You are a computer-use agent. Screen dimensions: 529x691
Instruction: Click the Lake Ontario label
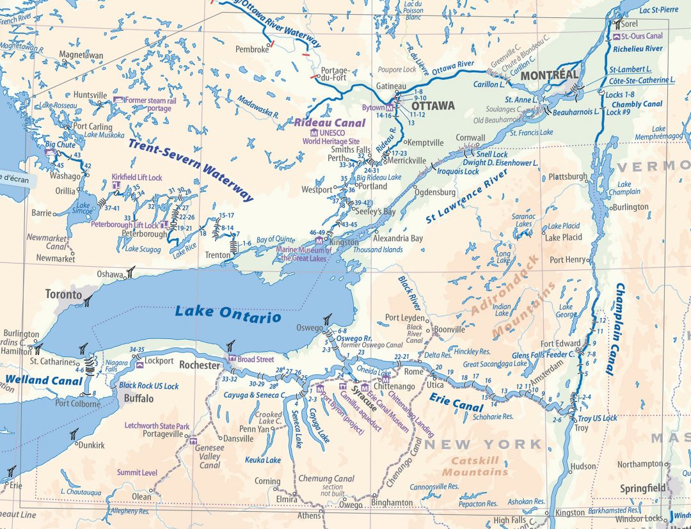coord(228,313)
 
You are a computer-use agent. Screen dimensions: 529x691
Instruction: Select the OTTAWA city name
coord(433,106)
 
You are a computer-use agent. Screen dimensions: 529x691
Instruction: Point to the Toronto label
coord(63,295)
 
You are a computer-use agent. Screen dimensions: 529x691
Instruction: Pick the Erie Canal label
coord(455,404)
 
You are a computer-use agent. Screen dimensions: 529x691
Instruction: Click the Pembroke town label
coord(252,49)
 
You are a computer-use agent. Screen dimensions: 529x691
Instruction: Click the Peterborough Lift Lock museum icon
coord(164,225)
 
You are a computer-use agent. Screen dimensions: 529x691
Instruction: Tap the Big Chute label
coord(60,145)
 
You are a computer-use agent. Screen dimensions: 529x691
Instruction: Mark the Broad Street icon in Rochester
coord(232,359)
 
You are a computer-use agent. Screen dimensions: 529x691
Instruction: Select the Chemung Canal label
coord(326,478)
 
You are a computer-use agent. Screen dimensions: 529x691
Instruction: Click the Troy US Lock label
coord(598,418)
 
